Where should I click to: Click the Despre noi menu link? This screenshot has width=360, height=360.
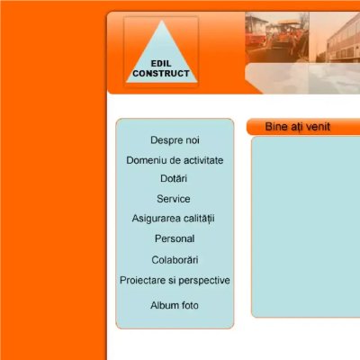point(175,140)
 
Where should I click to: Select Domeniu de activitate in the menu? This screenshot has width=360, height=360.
point(175,160)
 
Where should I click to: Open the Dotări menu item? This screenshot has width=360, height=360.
point(175,179)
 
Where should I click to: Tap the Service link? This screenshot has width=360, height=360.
point(174,199)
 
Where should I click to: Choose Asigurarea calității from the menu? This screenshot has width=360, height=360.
point(174,219)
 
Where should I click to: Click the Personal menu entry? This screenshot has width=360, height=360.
point(175,239)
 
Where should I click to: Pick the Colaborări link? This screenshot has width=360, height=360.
point(175,260)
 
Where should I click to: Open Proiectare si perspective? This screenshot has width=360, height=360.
point(175,281)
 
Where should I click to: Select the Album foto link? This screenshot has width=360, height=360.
point(175,306)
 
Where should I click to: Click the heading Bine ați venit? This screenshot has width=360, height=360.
point(297,127)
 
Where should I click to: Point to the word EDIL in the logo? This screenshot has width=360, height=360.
point(162,64)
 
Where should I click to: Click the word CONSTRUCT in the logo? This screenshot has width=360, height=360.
point(161,74)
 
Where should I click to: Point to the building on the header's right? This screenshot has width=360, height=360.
point(337,49)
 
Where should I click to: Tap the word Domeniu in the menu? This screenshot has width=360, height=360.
point(146,160)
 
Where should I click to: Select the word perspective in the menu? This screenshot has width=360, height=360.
point(202,281)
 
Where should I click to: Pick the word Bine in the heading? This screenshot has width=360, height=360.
point(275,127)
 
